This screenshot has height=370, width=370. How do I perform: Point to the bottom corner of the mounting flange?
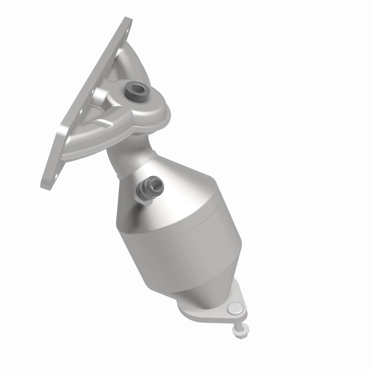[x=46, y=183]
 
